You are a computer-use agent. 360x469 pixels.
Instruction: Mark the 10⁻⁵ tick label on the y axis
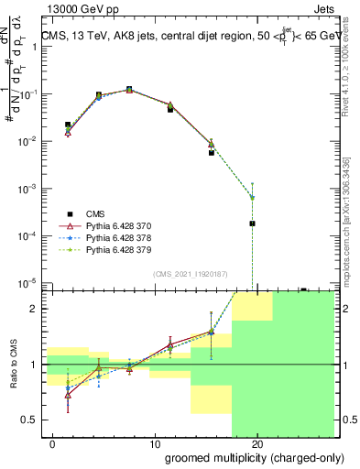[29, 282]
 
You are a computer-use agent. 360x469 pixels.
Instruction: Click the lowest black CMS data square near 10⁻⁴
[252, 223]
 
